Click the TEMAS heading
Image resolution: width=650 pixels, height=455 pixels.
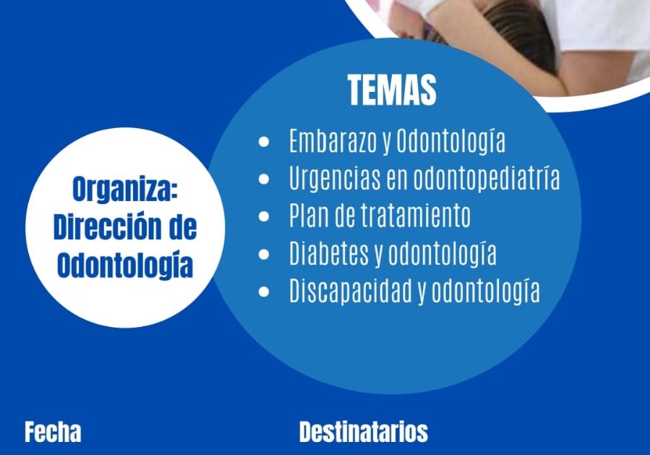pos(392,90)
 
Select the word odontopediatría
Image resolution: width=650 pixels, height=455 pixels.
pos(487,179)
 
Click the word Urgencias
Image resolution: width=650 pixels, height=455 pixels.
pos(335,179)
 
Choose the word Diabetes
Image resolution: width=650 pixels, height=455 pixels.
pos(329,253)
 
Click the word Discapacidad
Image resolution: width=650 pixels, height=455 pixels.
pos(351,290)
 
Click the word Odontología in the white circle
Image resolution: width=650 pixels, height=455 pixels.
pos(125,266)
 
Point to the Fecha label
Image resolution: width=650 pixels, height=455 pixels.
pos(53,432)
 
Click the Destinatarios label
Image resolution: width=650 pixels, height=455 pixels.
pos(363,432)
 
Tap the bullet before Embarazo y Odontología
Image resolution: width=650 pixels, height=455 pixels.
pos(264,142)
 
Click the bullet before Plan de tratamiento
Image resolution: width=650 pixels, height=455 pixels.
pos(264,216)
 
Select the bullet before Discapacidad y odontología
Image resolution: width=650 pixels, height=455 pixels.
pos(264,292)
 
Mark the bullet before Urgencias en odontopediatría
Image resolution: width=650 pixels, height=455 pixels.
pos(264,179)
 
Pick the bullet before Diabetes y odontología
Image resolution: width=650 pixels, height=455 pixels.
pos(264,254)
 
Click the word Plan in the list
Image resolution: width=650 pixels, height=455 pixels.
pos(309,216)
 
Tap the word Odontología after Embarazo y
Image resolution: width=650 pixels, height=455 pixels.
pos(451,142)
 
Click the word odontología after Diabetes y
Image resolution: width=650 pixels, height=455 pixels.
pos(442,254)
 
